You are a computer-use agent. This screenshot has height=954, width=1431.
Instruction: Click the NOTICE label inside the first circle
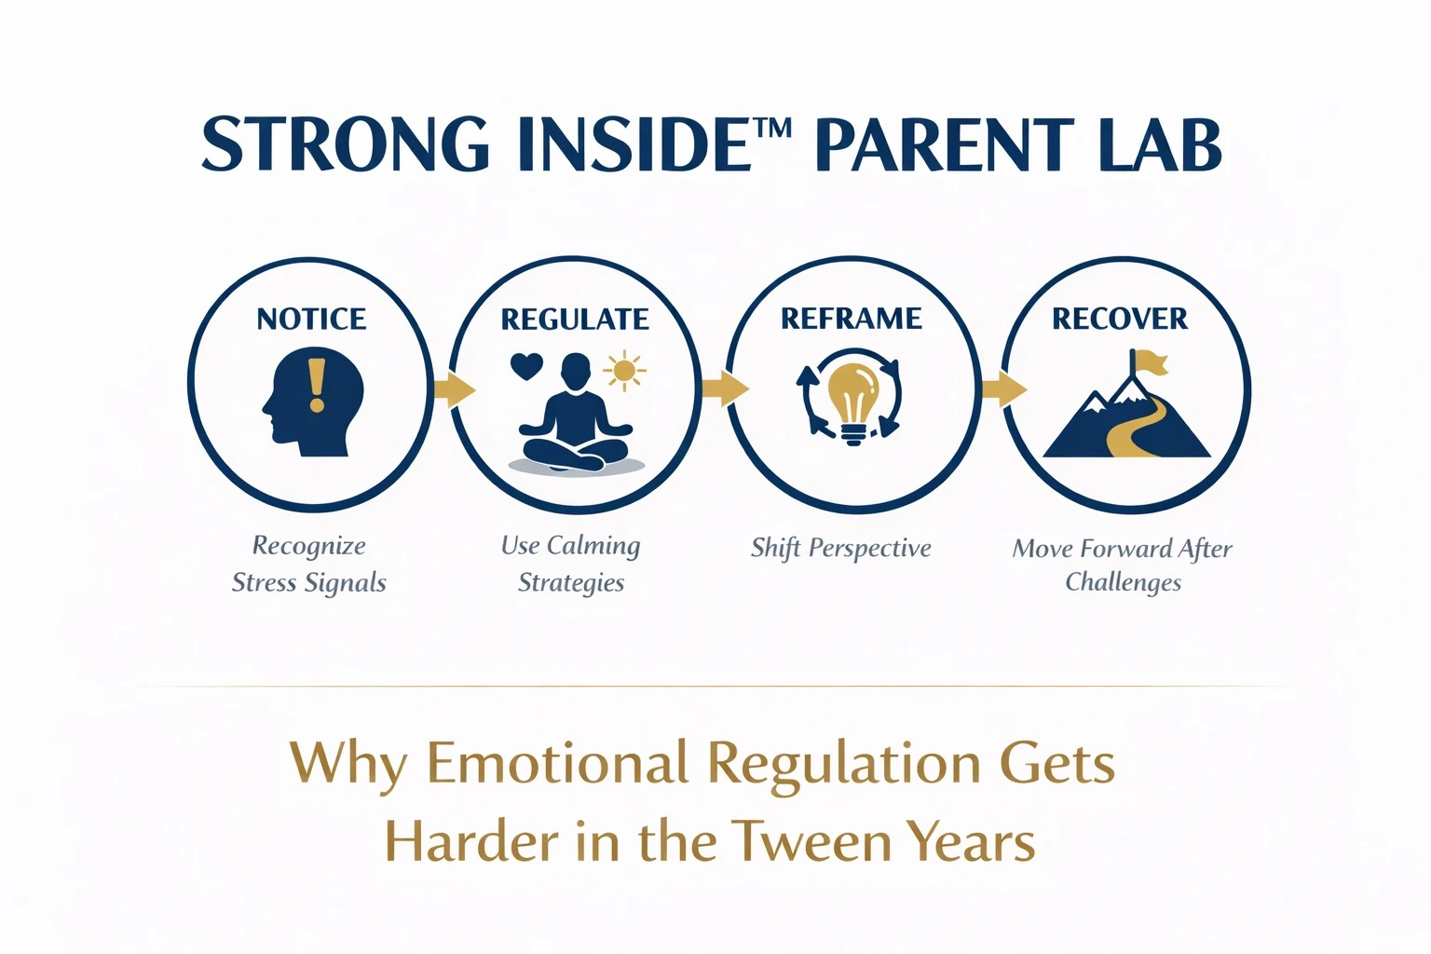[311, 319]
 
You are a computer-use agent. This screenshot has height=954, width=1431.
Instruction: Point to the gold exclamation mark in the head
[316, 385]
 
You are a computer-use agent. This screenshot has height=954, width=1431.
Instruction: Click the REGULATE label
[575, 319]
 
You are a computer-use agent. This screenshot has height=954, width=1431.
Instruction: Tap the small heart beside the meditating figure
[527, 367]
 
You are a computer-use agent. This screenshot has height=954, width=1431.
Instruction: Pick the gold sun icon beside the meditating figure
[624, 371]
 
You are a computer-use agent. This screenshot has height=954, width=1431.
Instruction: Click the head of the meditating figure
[575, 371]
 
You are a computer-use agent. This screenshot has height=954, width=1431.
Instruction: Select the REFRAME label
[852, 319]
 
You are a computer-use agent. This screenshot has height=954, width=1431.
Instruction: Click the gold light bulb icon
[852, 403]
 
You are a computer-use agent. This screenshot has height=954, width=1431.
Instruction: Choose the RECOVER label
[1120, 319]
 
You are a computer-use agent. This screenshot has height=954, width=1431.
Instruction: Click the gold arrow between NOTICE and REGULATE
[455, 389]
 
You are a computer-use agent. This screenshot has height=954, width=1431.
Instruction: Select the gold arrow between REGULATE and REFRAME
[725, 388]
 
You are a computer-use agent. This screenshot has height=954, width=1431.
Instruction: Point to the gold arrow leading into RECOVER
[1003, 388]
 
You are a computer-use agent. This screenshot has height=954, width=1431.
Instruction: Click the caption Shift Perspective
[840, 548]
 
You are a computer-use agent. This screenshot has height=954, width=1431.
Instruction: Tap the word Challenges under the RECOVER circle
[1123, 582]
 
